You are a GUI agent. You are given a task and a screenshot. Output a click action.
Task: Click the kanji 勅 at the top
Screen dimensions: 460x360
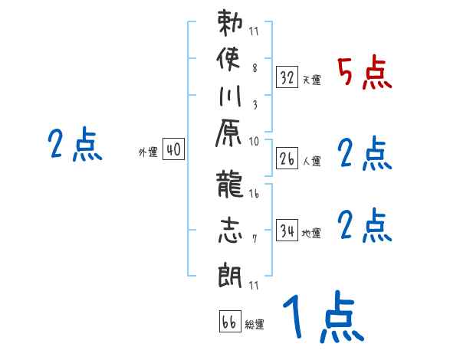[x=230, y=25]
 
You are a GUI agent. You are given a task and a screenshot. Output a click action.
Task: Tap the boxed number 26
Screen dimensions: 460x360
[x=287, y=159]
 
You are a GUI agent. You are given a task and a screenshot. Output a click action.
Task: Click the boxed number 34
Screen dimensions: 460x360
[x=287, y=231]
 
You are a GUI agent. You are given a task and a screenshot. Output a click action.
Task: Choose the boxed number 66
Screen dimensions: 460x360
[x=228, y=322]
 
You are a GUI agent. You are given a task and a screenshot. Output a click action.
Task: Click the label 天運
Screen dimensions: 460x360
[x=311, y=80]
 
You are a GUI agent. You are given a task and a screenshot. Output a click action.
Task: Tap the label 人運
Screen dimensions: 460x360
[x=311, y=162]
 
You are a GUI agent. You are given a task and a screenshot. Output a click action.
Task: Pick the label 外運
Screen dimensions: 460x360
[x=147, y=152]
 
